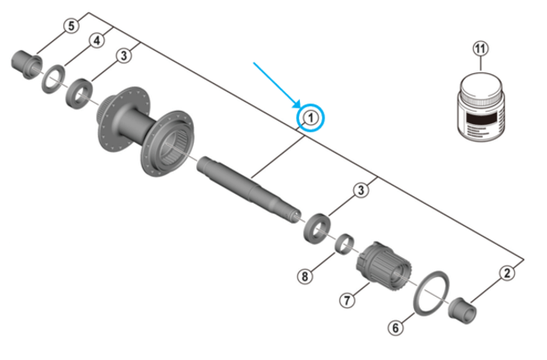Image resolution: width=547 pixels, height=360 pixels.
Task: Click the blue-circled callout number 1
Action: tap(310, 119)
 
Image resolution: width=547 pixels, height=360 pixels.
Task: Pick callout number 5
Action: tap(71, 26)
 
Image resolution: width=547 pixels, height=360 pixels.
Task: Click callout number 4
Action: tap(97, 40)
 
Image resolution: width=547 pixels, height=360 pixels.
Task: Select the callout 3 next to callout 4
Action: tap(123, 56)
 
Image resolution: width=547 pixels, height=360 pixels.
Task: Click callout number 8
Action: tap(305, 276)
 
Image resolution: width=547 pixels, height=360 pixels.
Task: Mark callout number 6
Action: tap(396, 328)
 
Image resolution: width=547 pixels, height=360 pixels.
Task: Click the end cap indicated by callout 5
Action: tap(24, 61)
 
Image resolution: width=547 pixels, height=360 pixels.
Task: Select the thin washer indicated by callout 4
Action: tap(52, 76)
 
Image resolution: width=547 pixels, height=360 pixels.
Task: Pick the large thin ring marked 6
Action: tap(427, 292)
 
